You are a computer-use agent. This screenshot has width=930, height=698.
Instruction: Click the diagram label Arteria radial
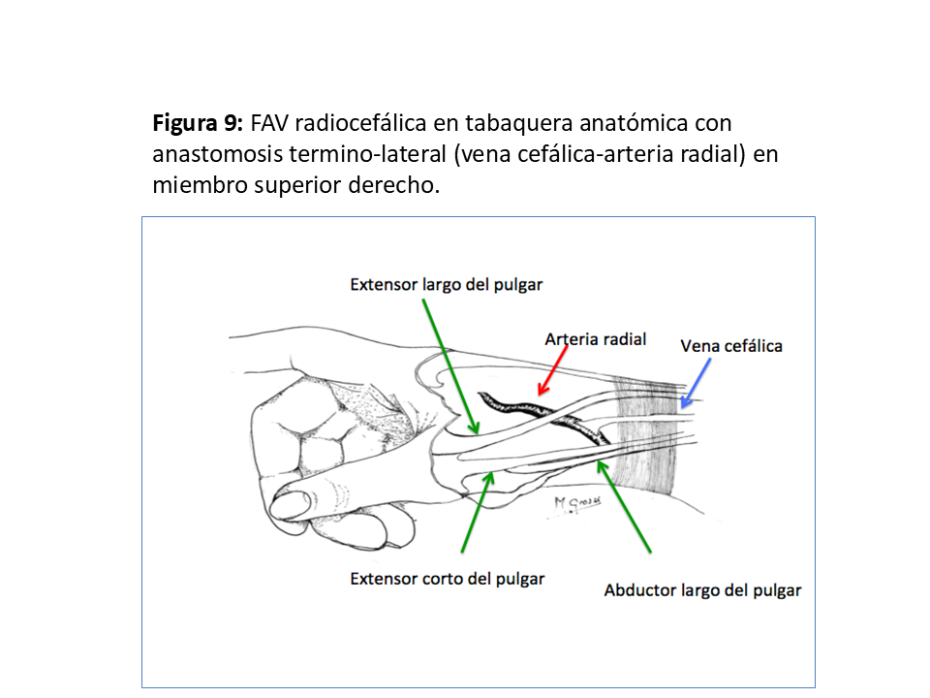[x=595, y=339]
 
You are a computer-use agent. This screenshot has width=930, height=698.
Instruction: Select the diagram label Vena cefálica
[x=731, y=345]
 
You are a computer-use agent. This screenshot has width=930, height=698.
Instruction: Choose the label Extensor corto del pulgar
[x=447, y=579]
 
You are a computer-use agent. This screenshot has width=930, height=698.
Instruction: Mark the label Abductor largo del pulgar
[x=702, y=589]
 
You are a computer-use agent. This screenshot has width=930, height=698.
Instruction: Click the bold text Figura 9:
[x=198, y=123]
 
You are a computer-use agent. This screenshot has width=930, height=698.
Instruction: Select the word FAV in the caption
[x=270, y=123]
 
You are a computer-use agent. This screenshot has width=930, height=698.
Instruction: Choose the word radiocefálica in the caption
[x=370, y=123]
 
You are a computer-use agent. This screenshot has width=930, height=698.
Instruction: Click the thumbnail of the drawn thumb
[x=291, y=504]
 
